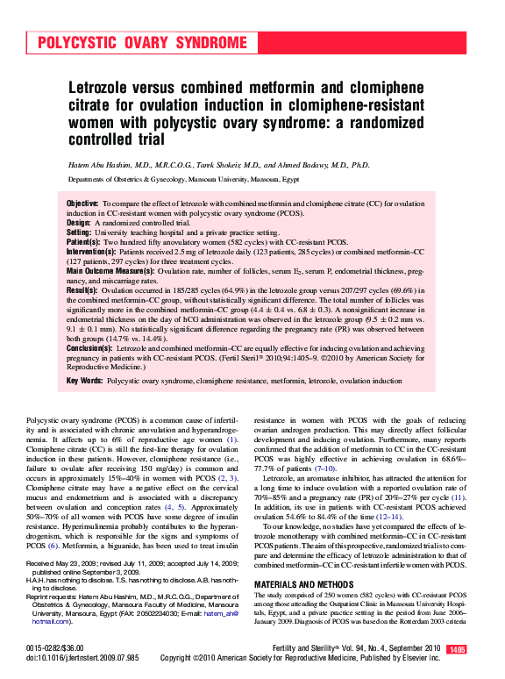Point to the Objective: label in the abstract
coord(83,204)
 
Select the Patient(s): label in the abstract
coord(84,242)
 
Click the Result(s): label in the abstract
coord(82,290)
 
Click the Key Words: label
coord(85,382)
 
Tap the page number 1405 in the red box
coord(457,649)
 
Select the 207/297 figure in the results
coord(359,290)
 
